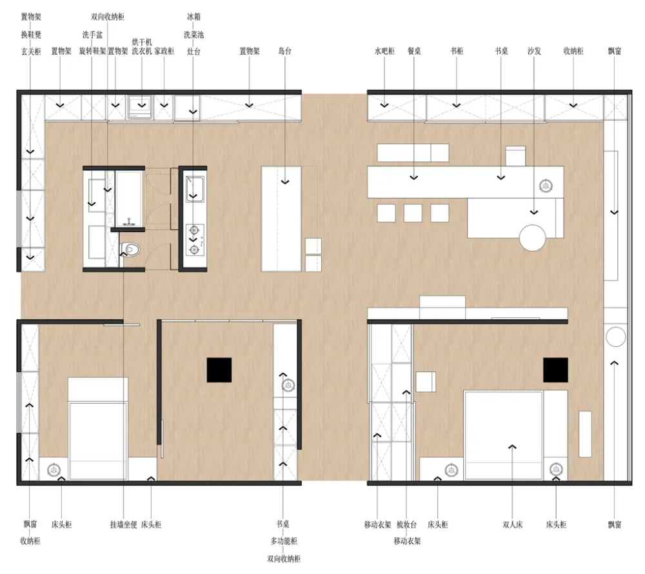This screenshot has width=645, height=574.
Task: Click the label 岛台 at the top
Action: (284, 51)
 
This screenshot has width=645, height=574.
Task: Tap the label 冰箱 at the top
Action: (193, 16)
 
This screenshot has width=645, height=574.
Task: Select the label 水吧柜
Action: (384, 51)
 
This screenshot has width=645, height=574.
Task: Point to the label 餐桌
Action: (414, 51)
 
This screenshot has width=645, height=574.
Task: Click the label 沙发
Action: (533, 51)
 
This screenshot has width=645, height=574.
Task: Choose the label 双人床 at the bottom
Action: (513, 525)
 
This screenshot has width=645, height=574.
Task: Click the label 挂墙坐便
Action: (123, 525)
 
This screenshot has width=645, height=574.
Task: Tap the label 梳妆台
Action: (407, 525)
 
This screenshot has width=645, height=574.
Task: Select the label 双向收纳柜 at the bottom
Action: (284, 559)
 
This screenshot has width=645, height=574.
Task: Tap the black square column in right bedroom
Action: (555, 370)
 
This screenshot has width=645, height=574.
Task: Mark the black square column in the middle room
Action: (219, 370)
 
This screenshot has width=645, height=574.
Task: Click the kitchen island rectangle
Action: (282, 218)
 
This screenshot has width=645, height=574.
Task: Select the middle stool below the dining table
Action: (413, 213)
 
